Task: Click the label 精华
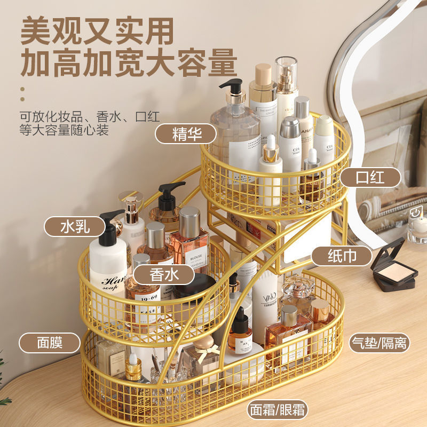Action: [186, 134]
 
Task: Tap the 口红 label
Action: [370, 177]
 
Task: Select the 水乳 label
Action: [75, 226]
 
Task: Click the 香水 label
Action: [164, 274]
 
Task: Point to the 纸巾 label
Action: [342, 256]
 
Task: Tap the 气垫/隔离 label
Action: [379, 342]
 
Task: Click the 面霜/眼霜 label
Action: [278, 410]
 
